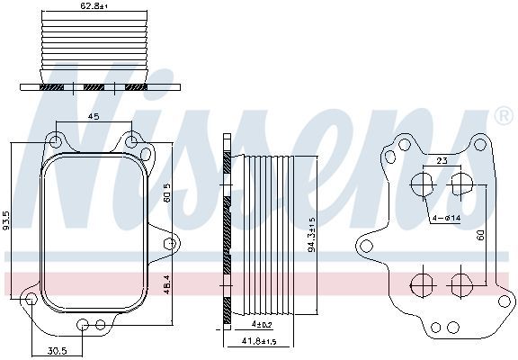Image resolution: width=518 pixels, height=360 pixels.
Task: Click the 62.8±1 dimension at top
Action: [94, 5]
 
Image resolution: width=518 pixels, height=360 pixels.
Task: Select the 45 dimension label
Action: [94, 116]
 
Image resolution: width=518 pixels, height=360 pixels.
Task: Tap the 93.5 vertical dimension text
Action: [7, 220]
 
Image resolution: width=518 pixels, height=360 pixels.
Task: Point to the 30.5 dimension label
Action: [58, 350]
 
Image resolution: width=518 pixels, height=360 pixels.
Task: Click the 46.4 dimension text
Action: [166, 284]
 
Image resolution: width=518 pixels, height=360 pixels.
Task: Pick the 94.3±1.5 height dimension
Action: [312, 235]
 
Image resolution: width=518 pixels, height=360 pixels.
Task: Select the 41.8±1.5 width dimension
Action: [259, 341]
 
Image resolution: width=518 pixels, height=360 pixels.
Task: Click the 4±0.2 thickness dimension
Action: [262, 325]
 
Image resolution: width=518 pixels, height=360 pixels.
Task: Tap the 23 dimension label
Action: [442, 161]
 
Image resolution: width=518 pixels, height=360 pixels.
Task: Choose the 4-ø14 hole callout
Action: [446, 218]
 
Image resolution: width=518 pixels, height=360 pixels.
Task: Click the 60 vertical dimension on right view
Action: [481, 235]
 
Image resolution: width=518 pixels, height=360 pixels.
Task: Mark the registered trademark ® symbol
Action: [504, 116]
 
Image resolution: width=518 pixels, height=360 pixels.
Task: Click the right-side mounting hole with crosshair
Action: [171, 244]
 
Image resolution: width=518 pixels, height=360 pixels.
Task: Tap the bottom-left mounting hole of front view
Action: [31, 299]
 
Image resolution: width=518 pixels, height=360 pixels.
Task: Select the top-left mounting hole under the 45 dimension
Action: [56, 141]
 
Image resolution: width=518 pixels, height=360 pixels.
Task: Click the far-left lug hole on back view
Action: [366, 246]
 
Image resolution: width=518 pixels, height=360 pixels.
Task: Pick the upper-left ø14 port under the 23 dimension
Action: [422, 184]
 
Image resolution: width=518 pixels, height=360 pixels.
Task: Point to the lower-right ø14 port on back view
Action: [461, 284]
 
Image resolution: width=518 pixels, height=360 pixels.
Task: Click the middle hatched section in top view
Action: [94, 87]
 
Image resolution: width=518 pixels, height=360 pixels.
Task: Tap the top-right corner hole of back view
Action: [479, 144]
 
